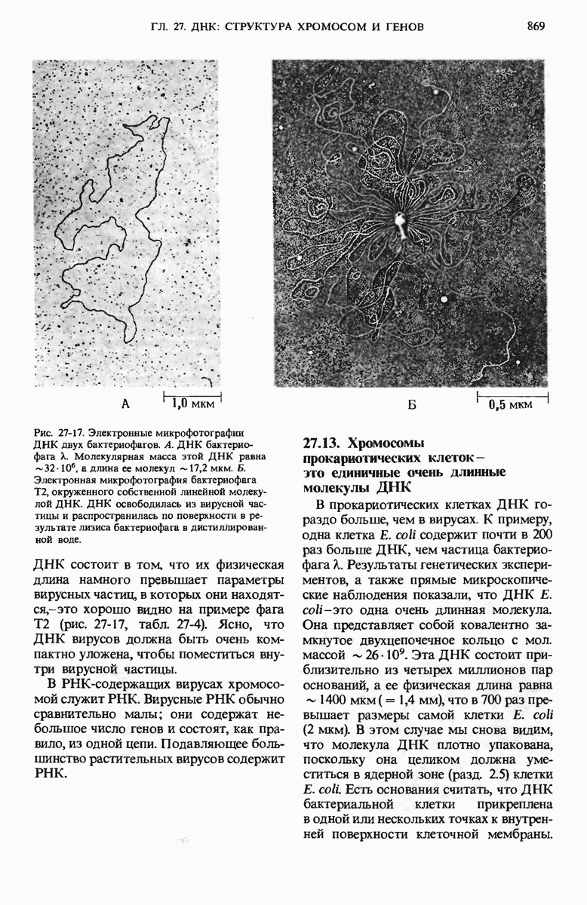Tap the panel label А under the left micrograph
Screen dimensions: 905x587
[125, 404]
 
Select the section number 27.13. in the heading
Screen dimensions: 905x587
[322, 443]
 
